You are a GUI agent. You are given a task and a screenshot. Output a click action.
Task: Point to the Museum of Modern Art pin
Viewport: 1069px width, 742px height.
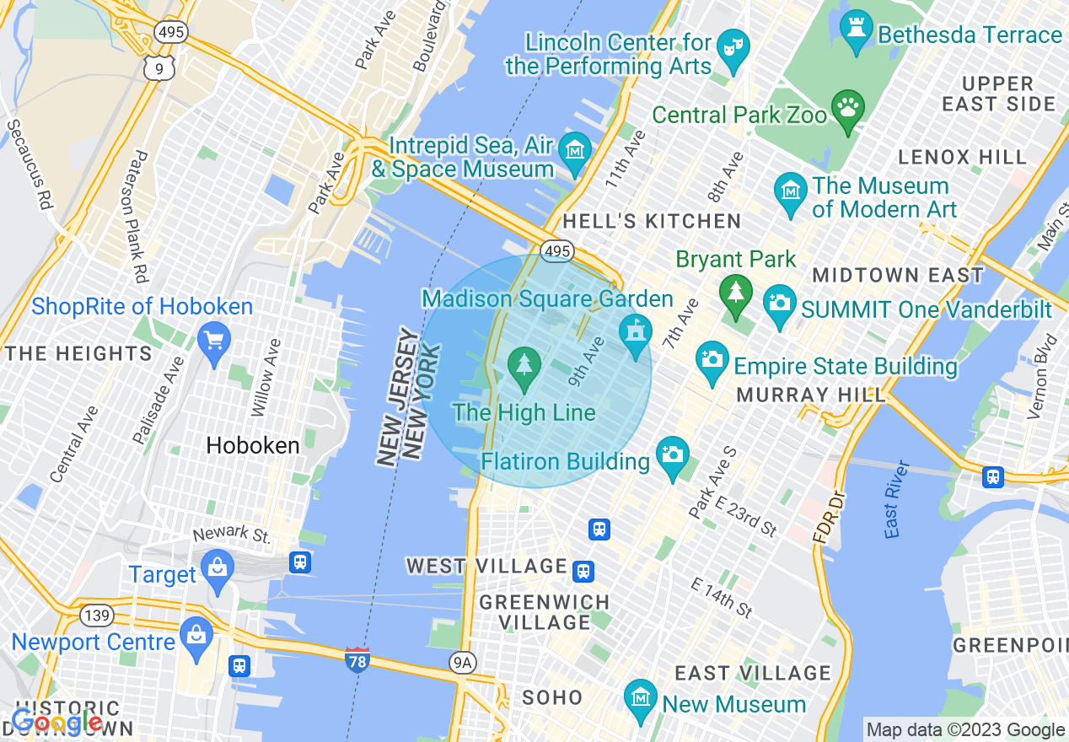tap(791, 192)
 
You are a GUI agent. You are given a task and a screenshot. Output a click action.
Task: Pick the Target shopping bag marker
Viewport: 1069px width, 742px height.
tap(218, 569)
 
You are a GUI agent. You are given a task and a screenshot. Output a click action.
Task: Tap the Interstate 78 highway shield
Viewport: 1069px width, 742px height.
tap(357, 660)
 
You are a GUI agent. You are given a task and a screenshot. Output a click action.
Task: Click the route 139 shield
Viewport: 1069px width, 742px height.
tap(98, 616)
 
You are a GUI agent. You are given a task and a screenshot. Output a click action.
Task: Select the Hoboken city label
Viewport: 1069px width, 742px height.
tap(253, 445)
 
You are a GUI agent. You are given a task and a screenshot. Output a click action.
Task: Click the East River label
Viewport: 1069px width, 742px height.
tap(898, 499)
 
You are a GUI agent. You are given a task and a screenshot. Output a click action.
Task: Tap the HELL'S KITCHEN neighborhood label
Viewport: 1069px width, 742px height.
tap(652, 222)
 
